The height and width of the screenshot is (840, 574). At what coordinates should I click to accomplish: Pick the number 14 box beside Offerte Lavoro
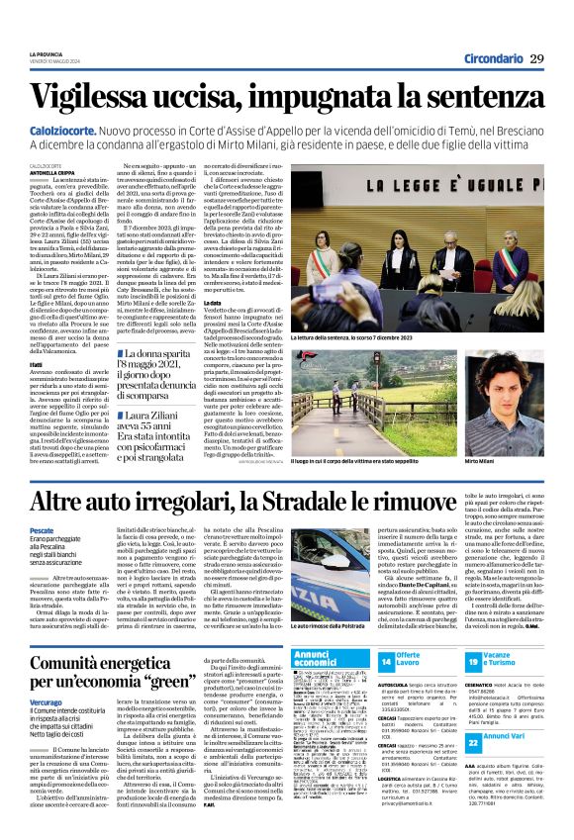pos(387,660)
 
